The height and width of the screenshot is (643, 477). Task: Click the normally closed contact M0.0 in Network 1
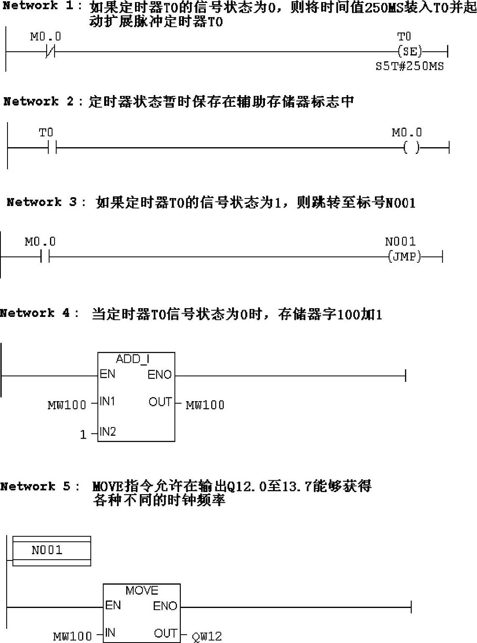tap(50, 52)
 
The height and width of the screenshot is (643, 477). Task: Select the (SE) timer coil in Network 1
tap(410, 52)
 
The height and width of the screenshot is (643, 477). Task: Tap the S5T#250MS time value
tap(410, 66)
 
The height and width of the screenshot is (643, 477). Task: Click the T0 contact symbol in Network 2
tap(52, 148)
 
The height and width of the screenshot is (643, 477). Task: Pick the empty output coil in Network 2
tap(412, 148)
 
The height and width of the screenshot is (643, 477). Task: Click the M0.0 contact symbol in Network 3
tap(45, 256)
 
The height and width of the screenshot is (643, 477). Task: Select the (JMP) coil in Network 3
tap(404, 256)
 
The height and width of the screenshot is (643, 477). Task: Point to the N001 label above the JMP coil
tap(400, 241)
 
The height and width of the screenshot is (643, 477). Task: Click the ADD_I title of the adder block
tap(132, 359)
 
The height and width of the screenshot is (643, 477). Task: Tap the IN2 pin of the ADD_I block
tap(107, 432)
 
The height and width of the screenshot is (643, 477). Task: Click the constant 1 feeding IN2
tap(83, 435)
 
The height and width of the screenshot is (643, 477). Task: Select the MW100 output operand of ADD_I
tap(205, 405)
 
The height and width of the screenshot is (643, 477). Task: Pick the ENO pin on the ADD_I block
tap(160, 375)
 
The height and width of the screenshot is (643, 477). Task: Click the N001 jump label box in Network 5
tap(52, 550)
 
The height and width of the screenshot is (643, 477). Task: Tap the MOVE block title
tap(142, 590)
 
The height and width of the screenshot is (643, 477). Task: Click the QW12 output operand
tap(207, 636)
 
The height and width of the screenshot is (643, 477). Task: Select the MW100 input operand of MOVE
tap(72, 636)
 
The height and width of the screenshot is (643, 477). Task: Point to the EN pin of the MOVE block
tap(113, 605)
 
